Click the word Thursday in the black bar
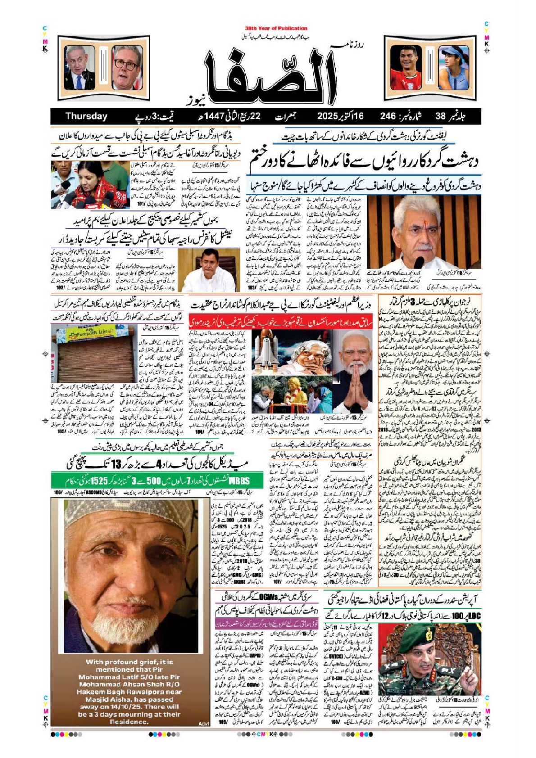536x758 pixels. point(86,116)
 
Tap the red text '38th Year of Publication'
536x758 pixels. point(276,28)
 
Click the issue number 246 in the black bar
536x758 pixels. point(388,116)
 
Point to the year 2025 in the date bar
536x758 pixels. point(331,116)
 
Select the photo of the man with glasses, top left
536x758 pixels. point(127,67)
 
